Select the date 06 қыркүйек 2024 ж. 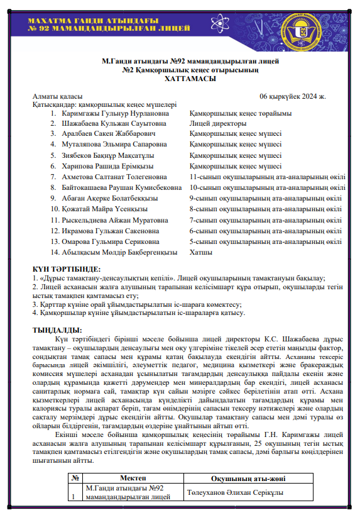pyautogui.click(x=292, y=96)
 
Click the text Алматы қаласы pyautogui.click(x=58, y=96)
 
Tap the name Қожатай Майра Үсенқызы pyautogui.click(x=104, y=209)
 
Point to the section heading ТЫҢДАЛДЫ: pyautogui.click(x=57, y=329)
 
